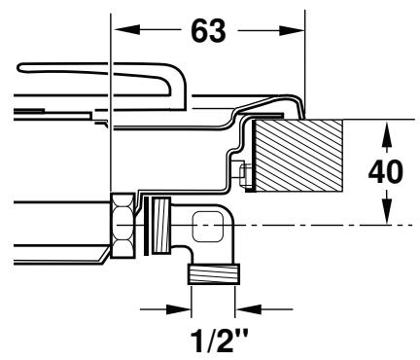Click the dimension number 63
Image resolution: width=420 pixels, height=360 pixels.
coord(208,30)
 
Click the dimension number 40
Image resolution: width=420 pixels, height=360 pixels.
coord(386,172)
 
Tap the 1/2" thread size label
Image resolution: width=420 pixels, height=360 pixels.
coord(219,341)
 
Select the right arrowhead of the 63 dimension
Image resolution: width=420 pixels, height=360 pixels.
coord(292,30)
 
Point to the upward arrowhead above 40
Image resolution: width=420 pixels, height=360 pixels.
coord(387,135)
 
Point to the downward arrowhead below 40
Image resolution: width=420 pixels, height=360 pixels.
coord(387,207)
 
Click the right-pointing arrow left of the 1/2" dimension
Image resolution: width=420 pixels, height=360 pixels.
coord(165,309)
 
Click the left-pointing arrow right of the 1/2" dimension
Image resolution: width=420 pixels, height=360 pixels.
coord(264,309)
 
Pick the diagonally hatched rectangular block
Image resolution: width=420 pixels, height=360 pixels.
coord(297,156)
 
